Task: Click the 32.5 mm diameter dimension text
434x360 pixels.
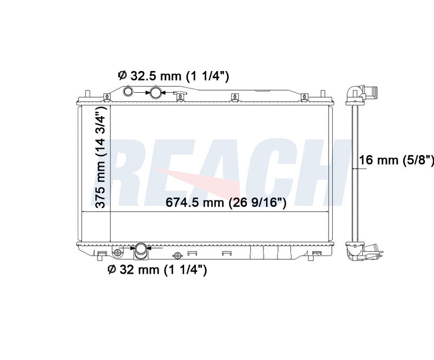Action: (x=174, y=76)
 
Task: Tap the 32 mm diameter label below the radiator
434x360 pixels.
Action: (x=157, y=270)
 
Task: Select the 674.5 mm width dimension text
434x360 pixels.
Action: (x=226, y=203)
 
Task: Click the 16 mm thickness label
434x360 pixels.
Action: (x=396, y=160)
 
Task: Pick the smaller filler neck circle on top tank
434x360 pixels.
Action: (x=127, y=91)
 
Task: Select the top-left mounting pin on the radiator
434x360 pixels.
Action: (x=87, y=94)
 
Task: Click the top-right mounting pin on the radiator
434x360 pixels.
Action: (x=322, y=94)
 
